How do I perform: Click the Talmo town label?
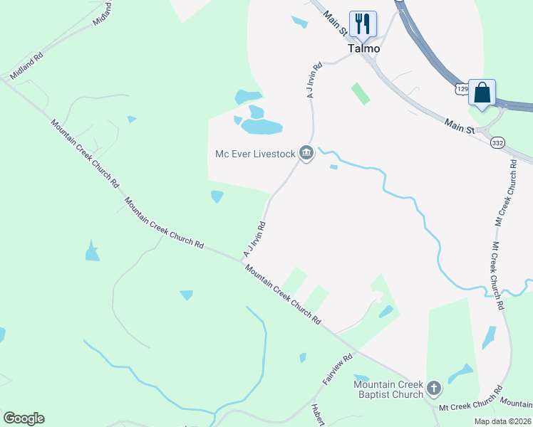(364, 49)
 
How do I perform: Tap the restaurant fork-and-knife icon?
(363, 23)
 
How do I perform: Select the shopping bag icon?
(482, 92)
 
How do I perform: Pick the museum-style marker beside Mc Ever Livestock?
(306, 152)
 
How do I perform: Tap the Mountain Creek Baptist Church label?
(389, 390)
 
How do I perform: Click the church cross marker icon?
(434, 389)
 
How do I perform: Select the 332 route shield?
(498, 142)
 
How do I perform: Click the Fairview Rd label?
(338, 370)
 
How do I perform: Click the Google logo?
(24, 418)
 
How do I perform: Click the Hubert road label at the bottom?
(317, 414)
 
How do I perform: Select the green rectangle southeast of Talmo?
(361, 93)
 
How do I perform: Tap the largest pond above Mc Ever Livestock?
(262, 127)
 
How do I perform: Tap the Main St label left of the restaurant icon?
(333, 23)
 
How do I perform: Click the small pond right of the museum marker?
(333, 167)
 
